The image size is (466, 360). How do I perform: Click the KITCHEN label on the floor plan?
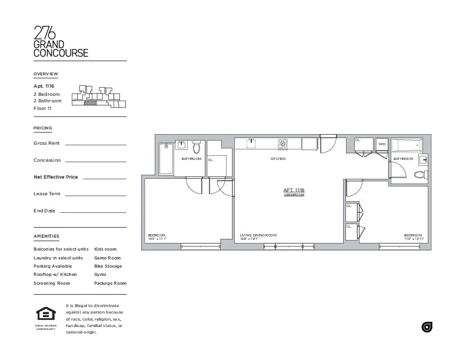pos(278,159)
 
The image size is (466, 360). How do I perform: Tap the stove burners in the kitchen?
pos(283,142)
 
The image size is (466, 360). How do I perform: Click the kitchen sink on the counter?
pos(251,142)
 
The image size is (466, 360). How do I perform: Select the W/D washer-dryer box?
pos(382,144)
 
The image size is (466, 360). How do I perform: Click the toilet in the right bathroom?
pos(420,175)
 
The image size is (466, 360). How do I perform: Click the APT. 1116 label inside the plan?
pos(294,190)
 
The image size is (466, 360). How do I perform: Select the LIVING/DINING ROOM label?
pos(258,235)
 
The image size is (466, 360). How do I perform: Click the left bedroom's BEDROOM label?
pos(157,235)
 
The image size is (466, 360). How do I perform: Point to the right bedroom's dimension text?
pos(414,239)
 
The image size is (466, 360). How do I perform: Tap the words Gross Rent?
pos(46,143)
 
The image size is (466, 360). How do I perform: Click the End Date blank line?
pos(92,212)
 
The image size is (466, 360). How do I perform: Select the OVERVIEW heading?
pos(46,74)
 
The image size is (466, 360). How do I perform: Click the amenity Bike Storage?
pos(108,266)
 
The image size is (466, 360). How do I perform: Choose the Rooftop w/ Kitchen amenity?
pos(55,274)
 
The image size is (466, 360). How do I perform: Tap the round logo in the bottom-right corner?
pos(427,327)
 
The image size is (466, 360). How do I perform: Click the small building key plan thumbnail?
pos(98,96)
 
